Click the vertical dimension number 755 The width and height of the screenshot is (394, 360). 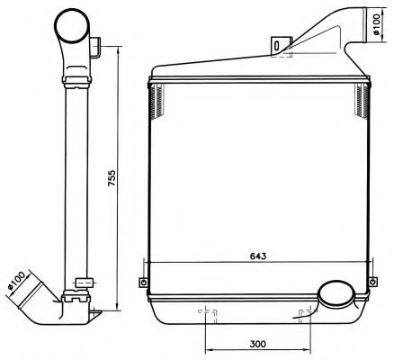tap(112, 178)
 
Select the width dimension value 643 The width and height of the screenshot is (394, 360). tap(257, 255)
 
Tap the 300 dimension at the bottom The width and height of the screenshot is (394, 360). tap(257, 345)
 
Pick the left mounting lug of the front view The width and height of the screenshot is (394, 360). tap(141, 281)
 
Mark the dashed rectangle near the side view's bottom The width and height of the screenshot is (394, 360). tap(82, 283)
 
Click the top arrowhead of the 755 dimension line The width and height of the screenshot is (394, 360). tap(119, 42)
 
